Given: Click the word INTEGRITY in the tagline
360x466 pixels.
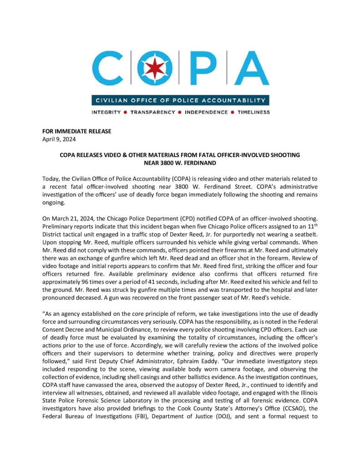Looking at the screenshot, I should pyautogui.click(x=106, y=112).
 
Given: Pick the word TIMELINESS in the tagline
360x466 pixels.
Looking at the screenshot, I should pyautogui.click(x=254, y=112).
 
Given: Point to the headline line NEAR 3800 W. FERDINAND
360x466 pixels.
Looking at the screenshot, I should pyautogui.click(x=180, y=162).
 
